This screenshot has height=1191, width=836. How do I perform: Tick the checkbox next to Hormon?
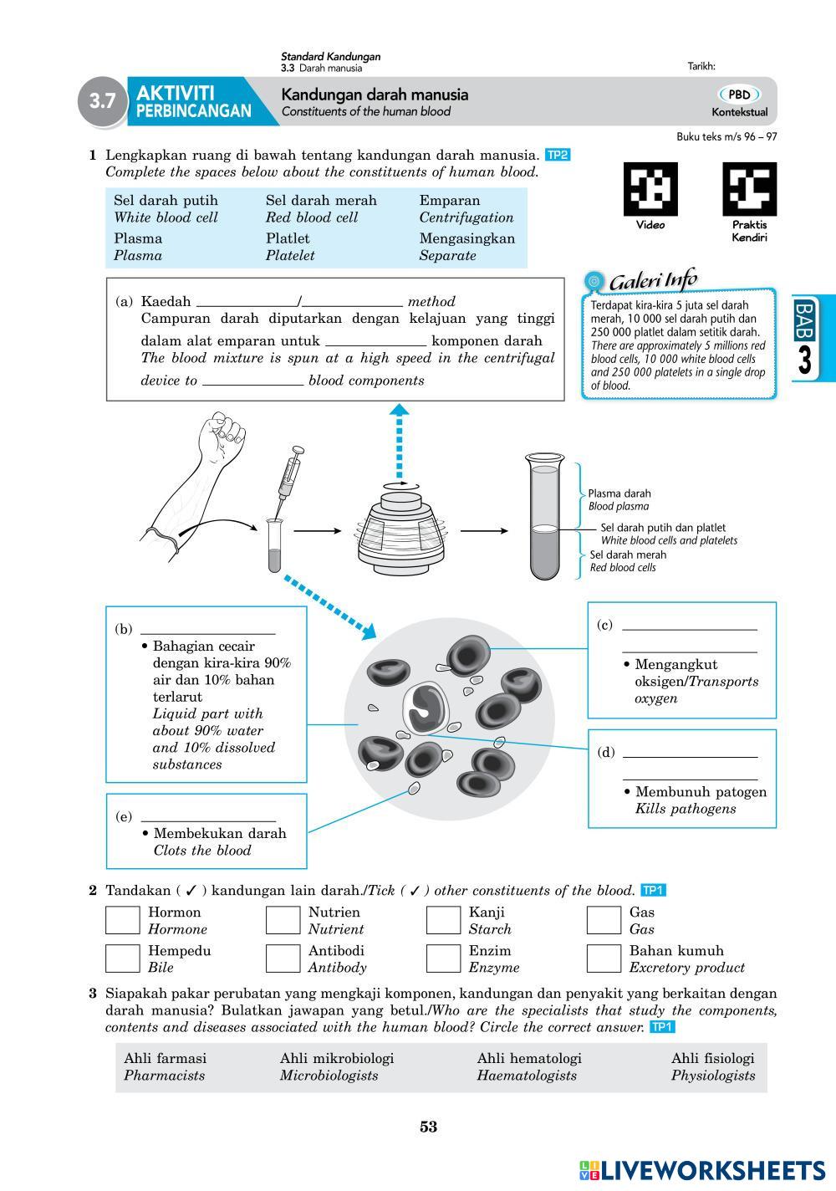point(122,920)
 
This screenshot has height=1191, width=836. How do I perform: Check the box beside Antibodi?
point(283,958)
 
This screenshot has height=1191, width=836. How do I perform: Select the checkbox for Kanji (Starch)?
point(443,920)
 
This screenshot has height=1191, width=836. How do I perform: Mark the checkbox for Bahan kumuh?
point(604,958)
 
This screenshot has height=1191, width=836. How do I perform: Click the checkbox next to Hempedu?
point(122,958)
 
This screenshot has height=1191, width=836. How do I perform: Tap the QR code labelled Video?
point(650,189)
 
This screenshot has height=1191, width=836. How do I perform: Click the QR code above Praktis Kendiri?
point(749,189)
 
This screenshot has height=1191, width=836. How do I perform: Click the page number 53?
point(428,1127)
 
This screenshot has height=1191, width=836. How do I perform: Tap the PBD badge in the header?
point(739,95)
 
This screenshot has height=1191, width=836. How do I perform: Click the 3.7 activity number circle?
point(102,102)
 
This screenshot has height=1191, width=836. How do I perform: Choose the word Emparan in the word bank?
point(450,201)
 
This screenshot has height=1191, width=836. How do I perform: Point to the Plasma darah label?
point(619,493)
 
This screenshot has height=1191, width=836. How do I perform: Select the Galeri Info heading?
point(651,282)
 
